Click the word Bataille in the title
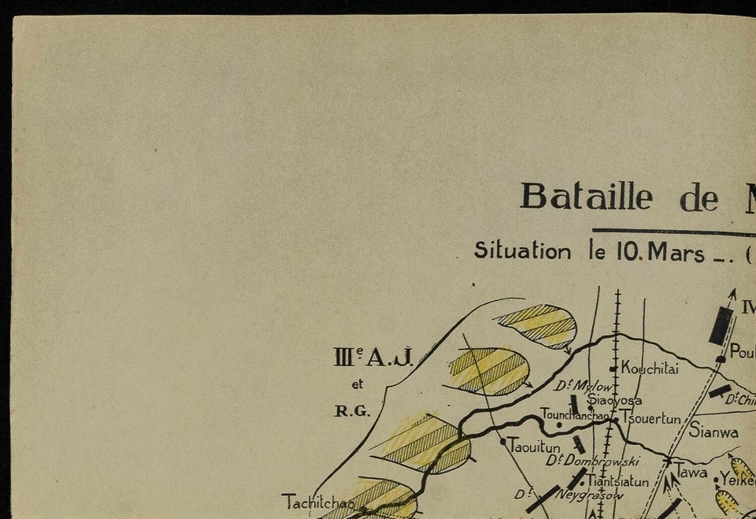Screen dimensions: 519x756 [x=585, y=196]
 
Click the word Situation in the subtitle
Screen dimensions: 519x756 [x=522, y=251]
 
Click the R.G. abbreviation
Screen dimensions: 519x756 [x=351, y=410]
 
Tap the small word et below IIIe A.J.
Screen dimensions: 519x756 [x=358, y=384]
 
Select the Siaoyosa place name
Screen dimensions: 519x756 [x=614, y=400]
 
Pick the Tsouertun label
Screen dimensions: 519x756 [x=650, y=418]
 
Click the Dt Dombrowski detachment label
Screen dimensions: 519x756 [x=592, y=461]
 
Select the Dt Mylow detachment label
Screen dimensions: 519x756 [x=583, y=385]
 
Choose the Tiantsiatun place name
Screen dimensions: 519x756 [x=617, y=480]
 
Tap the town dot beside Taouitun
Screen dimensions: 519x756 [x=503, y=442]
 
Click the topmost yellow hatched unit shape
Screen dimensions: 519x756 [x=538, y=325]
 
